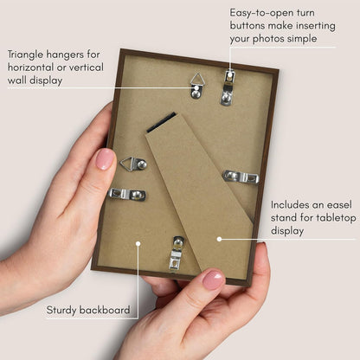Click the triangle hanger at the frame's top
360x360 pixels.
(x=196, y=87)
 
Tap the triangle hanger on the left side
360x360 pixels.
(x=134, y=164)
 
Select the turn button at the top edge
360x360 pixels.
(x=228, y=87)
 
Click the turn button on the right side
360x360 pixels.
(x=241, y=177)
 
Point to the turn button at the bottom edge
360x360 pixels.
(x=177, y=253)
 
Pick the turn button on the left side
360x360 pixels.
(x=127, y=194)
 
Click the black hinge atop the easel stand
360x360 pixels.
(x=161, y=122)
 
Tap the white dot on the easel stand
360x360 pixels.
(x=219, y=239)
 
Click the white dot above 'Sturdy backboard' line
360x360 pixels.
(x=138, y=244)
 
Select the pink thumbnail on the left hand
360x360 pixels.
(x=105, y=159)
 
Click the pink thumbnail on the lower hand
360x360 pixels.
(x=214, y=280)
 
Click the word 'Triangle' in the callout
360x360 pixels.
(x=25, y=55)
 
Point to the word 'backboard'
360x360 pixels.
(x=105, y=310)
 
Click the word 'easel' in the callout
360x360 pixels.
(x=340, y=205)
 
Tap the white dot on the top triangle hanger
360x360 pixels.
(x=196, y=87)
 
